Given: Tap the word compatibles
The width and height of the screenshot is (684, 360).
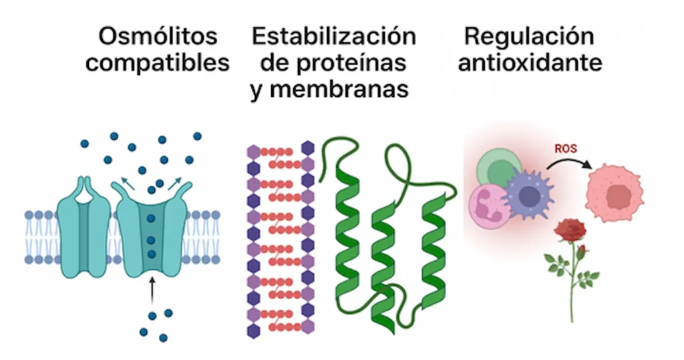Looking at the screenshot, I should (158, 63).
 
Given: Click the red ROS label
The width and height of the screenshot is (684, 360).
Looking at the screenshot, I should (566, 148).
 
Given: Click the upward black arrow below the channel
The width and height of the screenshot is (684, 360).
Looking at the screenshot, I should (152, 291).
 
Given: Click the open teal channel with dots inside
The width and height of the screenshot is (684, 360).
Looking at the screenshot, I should (152, 230).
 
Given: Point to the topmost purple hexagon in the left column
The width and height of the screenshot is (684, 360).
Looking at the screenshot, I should (254, 152).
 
